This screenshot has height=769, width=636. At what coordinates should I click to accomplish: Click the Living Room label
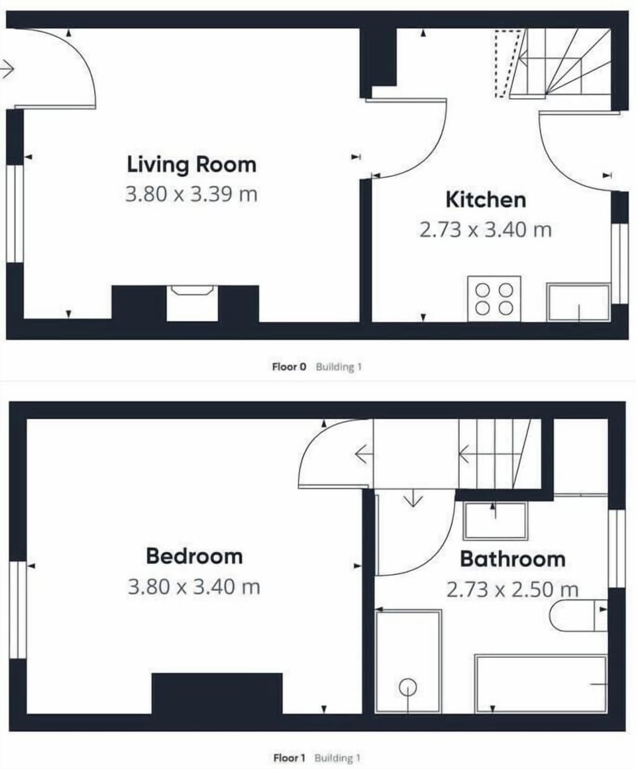click(191, 164)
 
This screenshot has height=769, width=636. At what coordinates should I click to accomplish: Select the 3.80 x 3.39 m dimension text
click(191, 195)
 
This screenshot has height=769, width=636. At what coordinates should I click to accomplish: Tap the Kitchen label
click(486, 199)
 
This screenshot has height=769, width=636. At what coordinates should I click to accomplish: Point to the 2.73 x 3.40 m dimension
click(486, 230)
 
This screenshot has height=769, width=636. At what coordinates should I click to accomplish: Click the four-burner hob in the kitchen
click(494, 298)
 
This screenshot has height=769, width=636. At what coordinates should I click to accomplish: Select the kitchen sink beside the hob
click(578, 302)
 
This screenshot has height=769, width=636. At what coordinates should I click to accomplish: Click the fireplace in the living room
click(192, 303)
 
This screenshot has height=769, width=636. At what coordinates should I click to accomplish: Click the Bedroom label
click(194, 556)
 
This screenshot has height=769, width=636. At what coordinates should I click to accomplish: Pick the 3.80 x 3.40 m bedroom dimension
click(193, 586)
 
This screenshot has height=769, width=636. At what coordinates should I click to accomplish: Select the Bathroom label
click(513, 559)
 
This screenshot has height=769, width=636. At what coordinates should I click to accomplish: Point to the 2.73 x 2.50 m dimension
click(512, 589)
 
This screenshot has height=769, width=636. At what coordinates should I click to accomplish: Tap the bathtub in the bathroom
click(541, 684)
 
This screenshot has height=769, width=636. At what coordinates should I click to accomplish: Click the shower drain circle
click(407, 687)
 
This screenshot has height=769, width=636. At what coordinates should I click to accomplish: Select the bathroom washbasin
click(495, 521)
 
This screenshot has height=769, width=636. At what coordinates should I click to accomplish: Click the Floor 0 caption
click(289, 367)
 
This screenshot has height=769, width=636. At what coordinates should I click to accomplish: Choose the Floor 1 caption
click(290, 758)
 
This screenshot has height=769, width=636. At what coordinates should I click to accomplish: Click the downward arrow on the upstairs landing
click(413, 498)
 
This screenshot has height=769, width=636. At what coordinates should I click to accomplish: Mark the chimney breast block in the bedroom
click(217, 693)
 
